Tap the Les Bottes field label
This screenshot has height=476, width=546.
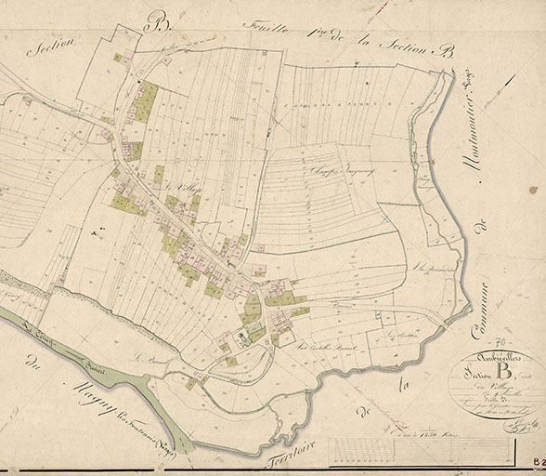click(x=400, y=334)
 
